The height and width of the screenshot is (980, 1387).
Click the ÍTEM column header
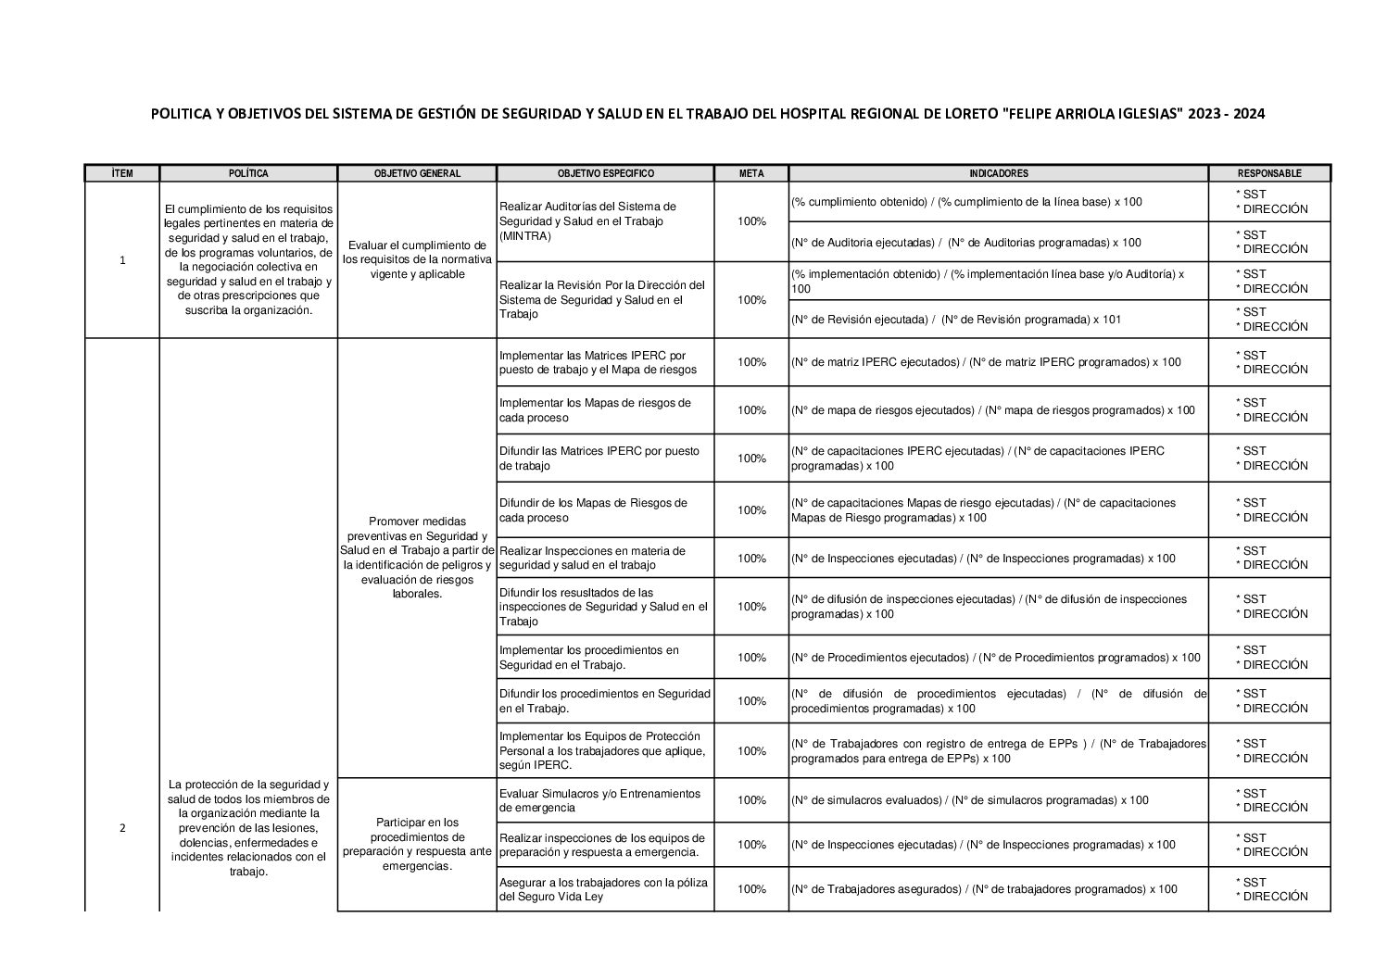(121, 173)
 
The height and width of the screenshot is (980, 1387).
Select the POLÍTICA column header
(248, 173)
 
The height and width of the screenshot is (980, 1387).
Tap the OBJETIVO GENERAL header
(417, 173)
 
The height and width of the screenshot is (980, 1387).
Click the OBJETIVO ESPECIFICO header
(605, 173)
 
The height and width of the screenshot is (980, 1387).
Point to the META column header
(751, 173)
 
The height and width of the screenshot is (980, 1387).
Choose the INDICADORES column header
(998, 173)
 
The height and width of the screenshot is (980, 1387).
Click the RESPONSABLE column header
(1269, 173)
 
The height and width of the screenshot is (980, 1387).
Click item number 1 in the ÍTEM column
(122, 260)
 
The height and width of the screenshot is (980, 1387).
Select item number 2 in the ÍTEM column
(122, 828)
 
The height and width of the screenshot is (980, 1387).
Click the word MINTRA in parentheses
(524, 236)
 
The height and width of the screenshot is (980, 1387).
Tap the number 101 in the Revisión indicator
(1112, 320)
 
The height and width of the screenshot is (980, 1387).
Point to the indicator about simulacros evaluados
(969, 800)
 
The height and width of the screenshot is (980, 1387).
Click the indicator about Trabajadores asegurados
(984, 889)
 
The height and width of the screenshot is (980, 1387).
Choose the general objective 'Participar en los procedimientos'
(417, 844)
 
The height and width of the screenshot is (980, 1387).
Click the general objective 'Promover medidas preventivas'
(417, 558)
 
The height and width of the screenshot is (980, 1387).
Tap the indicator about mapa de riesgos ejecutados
(992, 410)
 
